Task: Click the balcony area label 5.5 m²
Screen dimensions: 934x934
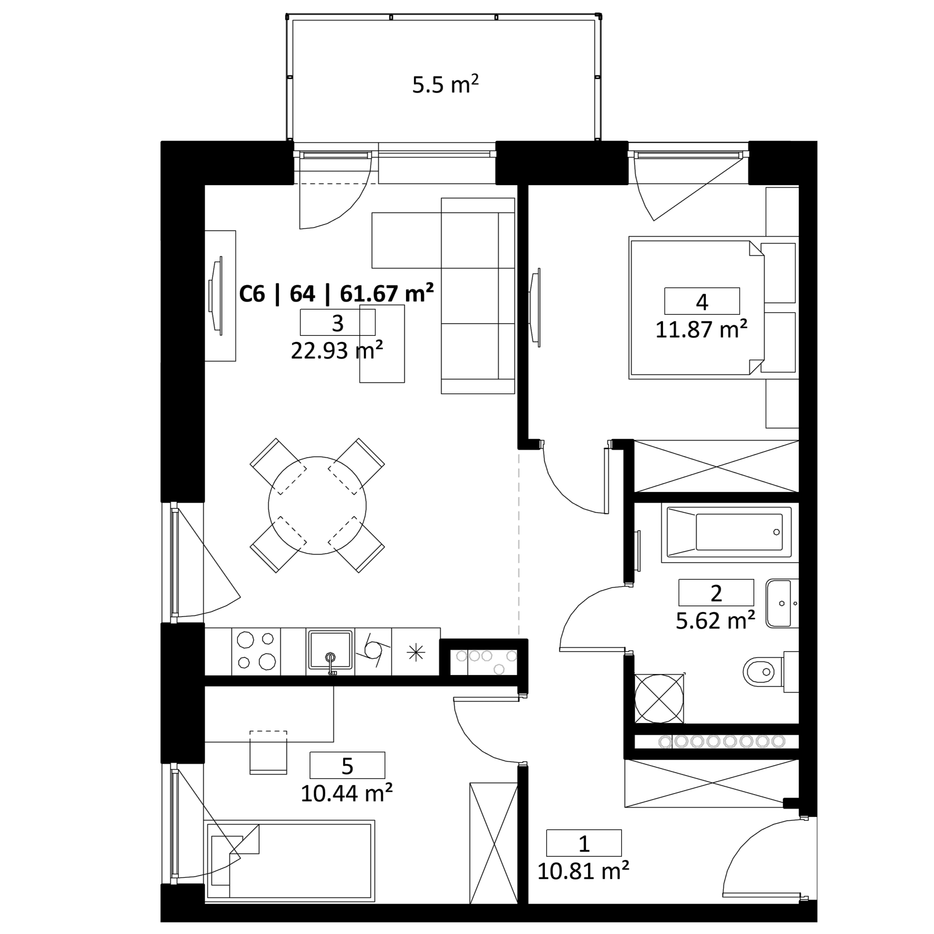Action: coord(445,85)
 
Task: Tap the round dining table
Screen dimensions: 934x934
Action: coord(317,505)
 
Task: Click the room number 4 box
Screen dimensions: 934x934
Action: coord(702,301)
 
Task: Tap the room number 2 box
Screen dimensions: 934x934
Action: coord(716,592)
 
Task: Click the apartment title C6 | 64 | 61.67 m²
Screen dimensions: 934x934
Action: coord(336,294)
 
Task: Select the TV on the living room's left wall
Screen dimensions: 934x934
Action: coord(216,296)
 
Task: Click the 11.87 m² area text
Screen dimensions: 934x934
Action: coord(702,329)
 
